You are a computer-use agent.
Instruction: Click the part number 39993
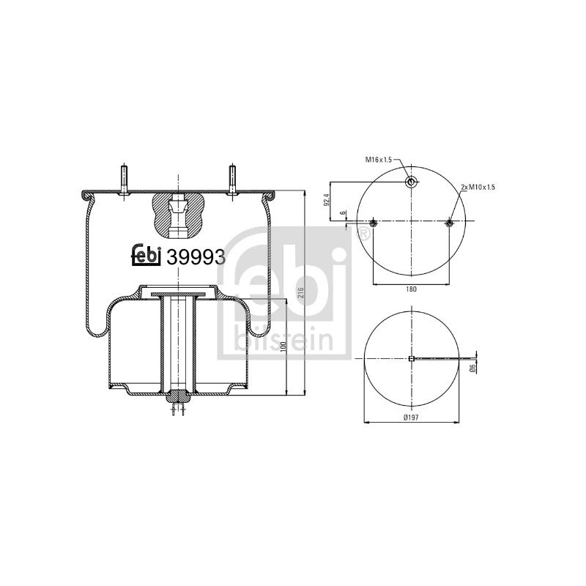coord(196,257)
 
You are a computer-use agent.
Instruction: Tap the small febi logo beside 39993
coord(146,256)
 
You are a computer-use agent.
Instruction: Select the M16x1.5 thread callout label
coord(378,160)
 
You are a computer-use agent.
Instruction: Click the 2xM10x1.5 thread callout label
coord(478,187)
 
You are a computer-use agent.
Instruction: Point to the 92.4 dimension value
coord(326,200)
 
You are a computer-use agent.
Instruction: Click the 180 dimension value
coord(411,289)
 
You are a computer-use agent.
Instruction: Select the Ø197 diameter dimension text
coord(411,418)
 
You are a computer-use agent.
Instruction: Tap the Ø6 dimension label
coord(472,368)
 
